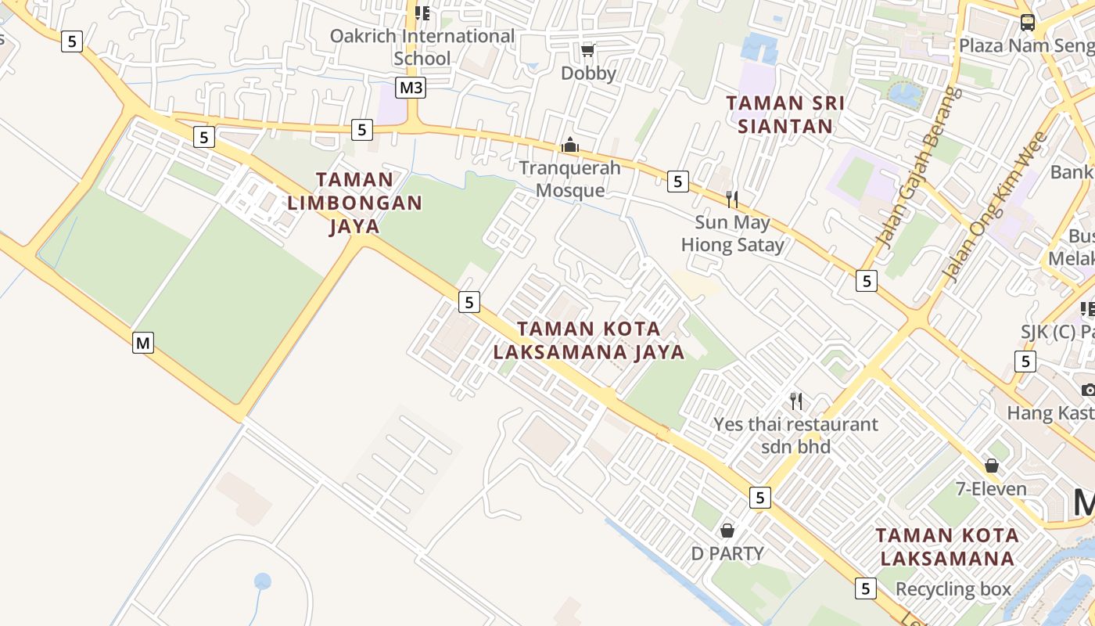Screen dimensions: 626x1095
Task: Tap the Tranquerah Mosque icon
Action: pos(570,146)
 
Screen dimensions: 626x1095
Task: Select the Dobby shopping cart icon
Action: pos(587,50)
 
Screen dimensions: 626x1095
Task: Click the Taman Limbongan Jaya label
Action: pos(354,203)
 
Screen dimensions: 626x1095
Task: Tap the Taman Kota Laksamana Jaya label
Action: pos(589,340)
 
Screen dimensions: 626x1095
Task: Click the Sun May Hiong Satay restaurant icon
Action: pos(732,199)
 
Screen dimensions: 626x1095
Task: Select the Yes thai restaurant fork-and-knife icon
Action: pos(796,401)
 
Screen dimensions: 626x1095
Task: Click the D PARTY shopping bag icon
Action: pos(727,531)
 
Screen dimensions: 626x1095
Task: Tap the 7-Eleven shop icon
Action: pos(992,466)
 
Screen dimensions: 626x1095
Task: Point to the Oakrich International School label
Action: pos(422,47)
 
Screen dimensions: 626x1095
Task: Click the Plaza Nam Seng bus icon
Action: pos(1028,23)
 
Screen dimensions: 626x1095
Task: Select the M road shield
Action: pos(142,342)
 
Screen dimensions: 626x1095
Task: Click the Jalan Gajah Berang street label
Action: pos(919,167)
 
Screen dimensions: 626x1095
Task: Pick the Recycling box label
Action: pos(953,588)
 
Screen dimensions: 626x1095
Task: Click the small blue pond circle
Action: pos(263,581)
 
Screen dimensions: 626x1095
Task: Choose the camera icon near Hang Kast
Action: pos(1088,389)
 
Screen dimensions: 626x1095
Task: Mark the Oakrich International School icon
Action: pos(422,13)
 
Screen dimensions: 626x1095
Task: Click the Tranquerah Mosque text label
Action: pos(570,179)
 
